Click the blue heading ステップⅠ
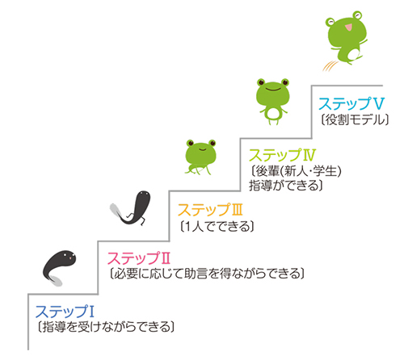click(65, 312)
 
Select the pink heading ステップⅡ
click(139, 258)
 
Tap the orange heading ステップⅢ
click(210, 210)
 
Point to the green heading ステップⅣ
click(282, 155)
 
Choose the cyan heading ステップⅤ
click(351, 103)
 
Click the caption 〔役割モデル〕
click(355, 119)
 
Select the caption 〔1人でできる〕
click(217, 227)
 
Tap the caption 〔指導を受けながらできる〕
click(106, 327)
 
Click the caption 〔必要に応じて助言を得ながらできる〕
click(207, 274)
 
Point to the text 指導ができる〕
click(286, 186)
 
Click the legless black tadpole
click(59, 268)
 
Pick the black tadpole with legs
click(131, 207)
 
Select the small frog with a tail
click(200, 157)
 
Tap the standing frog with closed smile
click(273, 102)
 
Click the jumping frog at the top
click(346, 38)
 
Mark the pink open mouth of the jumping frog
click(348, 27)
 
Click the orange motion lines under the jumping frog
click(330, 66)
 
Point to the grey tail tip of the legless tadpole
click(57, 282)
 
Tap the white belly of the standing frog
click(273, 113)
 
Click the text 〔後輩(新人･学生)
click(296, 171)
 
